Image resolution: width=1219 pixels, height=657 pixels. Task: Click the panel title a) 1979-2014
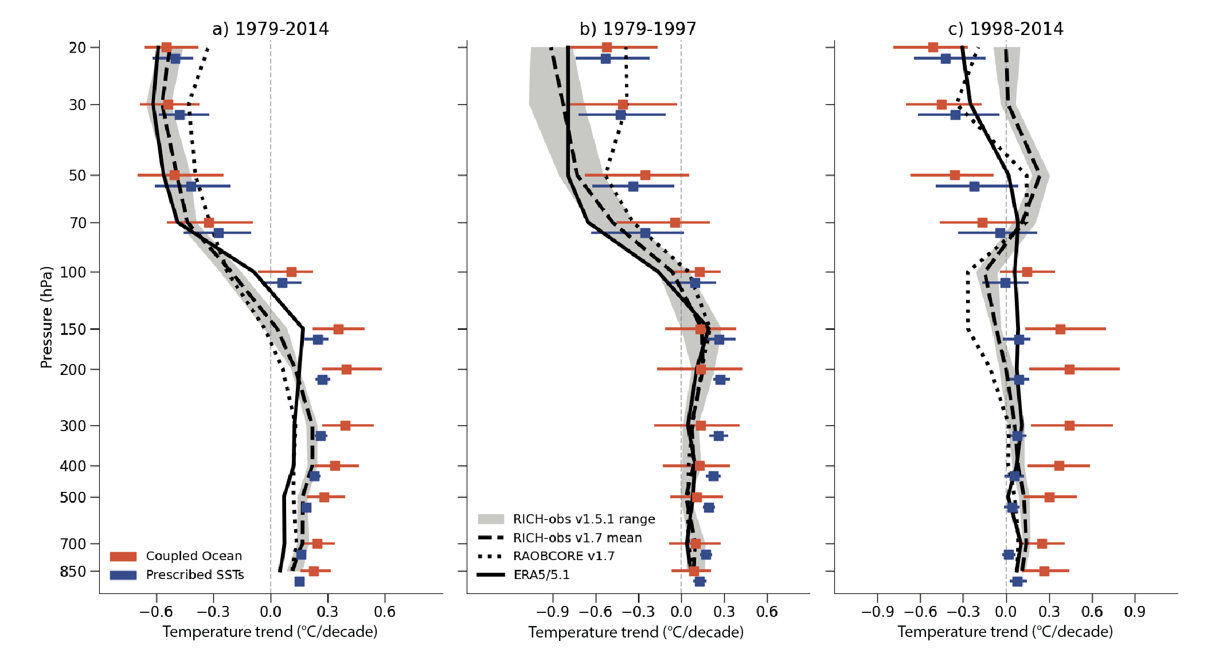(x=270, y=29)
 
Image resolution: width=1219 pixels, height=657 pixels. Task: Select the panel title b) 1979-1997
(x=638, y=29)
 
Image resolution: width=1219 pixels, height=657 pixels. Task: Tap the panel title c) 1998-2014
(x=1005, y=29)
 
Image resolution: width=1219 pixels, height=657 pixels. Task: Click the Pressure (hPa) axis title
(x=46, y=317)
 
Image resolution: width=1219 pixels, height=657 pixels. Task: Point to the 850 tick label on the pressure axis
(x=73, y=572)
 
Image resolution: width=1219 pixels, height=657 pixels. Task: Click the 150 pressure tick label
(x=73, y=330)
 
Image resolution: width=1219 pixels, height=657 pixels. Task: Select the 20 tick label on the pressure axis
(x=77, y=48)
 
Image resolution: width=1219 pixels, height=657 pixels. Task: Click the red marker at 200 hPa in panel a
(x=346, y=369)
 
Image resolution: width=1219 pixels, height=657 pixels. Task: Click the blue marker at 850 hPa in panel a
(x=299, y=581)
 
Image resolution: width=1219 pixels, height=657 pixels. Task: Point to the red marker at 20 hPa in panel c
(x=933, y=47)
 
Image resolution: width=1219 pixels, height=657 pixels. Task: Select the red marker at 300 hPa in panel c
(x=1069, y=425)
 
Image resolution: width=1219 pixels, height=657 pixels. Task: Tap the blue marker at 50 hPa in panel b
(x=633, y=186)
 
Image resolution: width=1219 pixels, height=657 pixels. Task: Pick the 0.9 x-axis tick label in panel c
(x=1134, y=612)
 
